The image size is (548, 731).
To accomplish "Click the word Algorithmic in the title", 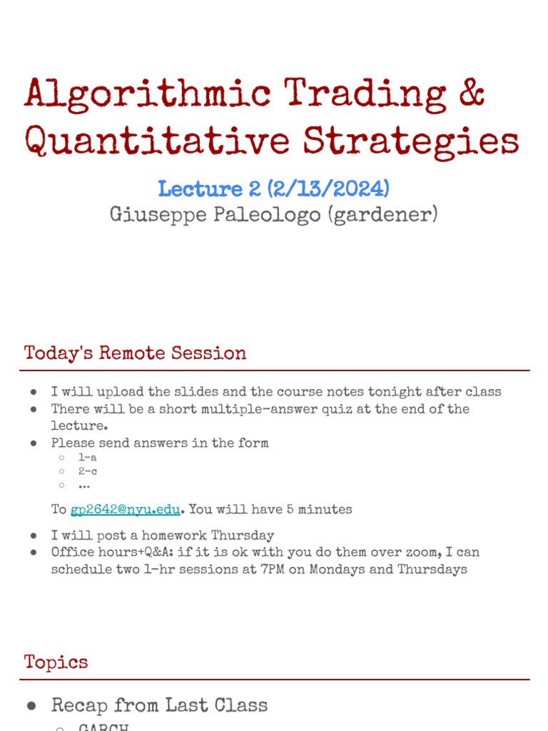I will pos(148,95).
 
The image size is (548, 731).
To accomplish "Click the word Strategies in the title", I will pos(411,142).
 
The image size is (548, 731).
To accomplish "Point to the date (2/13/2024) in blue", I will pos(328,189).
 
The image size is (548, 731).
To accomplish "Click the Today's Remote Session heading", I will pos(136,353).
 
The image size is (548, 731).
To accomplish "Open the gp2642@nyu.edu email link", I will pos(125,510).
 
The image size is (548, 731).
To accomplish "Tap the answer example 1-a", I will pos(88,457).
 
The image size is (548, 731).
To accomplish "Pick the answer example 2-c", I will pos(88,471).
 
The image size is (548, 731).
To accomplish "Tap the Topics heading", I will pos(56,662).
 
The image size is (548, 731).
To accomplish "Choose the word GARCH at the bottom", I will pos(103,727).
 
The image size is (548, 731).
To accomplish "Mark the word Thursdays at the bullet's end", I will pos(432,570).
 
